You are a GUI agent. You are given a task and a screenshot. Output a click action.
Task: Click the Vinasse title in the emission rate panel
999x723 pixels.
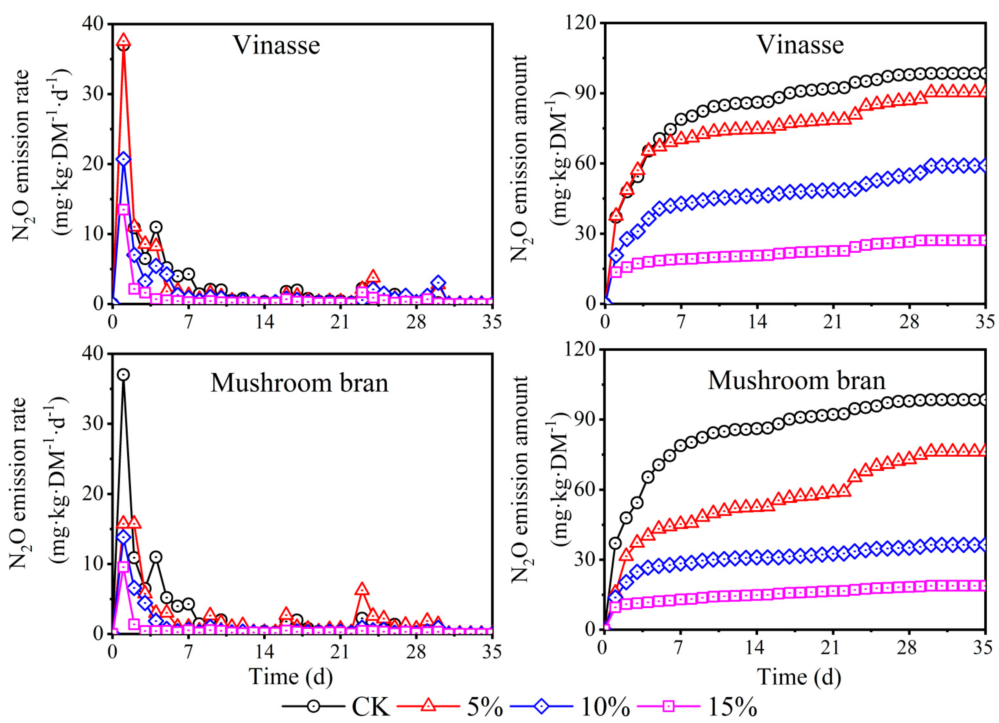click(276, 45)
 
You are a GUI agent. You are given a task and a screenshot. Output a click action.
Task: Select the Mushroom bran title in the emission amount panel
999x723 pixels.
click(796, 380)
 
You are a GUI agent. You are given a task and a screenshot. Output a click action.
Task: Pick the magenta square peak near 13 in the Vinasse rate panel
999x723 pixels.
click(124, 209)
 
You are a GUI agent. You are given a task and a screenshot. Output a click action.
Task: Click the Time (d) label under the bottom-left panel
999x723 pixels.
click(291, 677)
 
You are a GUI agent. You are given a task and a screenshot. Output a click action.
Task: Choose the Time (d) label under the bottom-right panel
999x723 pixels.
click(799, 677)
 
